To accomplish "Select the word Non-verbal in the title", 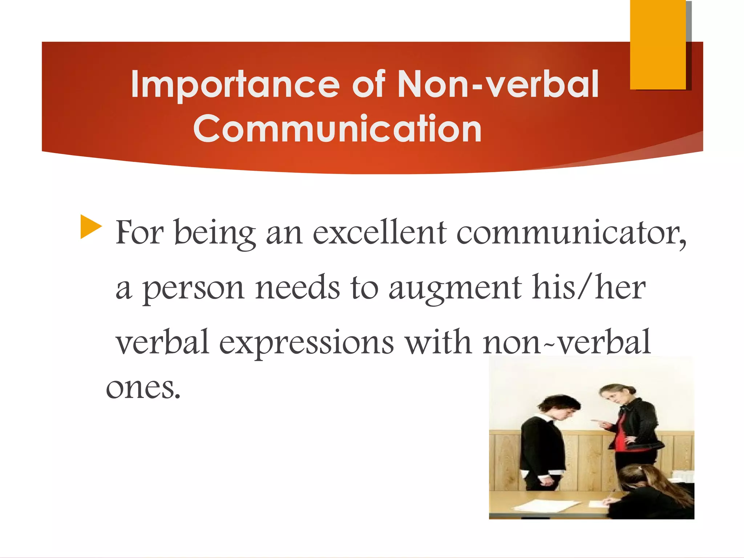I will tap(498, 85).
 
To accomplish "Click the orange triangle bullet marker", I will tap(90, 227).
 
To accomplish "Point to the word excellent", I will tap(379, 232).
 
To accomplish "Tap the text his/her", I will tap(589, 287).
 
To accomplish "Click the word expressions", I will tap(306, 342).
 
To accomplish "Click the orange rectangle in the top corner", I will tap(658, 44).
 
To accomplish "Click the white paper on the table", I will tap(545, 505).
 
